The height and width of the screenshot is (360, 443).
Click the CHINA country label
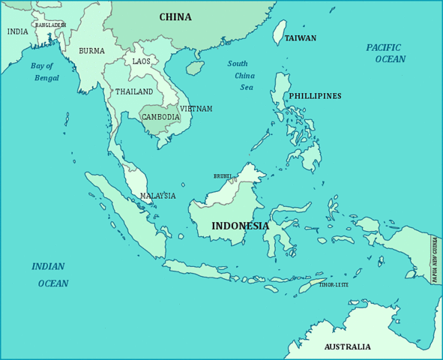tap(175, 17)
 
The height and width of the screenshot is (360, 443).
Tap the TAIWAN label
tap(300, 38)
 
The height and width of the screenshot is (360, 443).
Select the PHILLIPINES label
tap(315, 96)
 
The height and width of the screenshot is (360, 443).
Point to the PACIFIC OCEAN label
tap(385, 53)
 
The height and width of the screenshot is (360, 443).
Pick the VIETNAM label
tap(196, 109)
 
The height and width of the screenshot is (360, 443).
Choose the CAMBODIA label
tap(160, 118)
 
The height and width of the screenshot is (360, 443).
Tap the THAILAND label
tap(134, 92)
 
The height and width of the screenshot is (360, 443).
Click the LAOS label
tap(141, 61)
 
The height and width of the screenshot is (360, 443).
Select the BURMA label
tap(91, 52)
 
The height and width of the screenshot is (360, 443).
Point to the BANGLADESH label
tap(50, 25)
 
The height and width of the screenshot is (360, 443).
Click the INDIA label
tap(17, 31)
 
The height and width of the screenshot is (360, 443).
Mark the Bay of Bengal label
tap(44, 72)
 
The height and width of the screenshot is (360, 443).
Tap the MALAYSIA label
tap(157, 196)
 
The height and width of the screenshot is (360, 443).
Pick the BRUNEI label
tap(223, 176)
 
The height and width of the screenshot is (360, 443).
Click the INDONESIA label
tap(240, 226)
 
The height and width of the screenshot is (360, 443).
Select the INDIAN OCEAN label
tap(50, 275)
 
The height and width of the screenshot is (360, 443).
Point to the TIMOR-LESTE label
tap(334, 285)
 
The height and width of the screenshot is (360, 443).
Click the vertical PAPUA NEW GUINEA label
tap(434, 259)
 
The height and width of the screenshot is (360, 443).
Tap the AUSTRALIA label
tap(347, 347)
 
